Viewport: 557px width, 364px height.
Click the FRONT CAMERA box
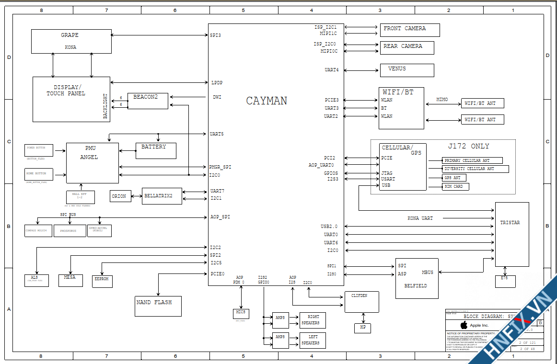410,30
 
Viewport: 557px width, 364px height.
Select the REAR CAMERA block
407,47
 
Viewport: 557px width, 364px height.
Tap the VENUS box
407,70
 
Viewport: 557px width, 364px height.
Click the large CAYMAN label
267,101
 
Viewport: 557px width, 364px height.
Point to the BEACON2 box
148,101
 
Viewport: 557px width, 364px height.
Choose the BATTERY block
156,150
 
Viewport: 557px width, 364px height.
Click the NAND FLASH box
158,306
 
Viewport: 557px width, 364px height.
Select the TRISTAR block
512,234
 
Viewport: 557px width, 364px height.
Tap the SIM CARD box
455,186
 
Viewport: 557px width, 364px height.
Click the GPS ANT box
454,178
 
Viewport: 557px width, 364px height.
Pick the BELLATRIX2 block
162,196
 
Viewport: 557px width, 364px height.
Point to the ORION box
120,196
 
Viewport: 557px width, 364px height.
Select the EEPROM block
102,281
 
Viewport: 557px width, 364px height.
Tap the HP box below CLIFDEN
363,328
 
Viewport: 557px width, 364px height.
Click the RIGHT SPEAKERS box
313,320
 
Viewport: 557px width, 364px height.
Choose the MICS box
240,314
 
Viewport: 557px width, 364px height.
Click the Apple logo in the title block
464,325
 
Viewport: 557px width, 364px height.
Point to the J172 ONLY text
469,146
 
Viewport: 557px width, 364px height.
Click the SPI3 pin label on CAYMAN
215,35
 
